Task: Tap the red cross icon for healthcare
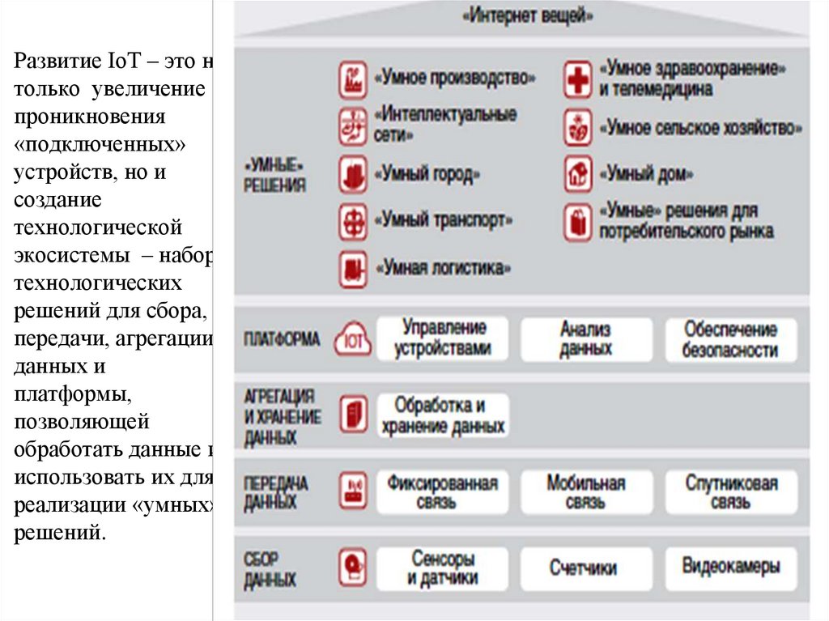pos(578,79)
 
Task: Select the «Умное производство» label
pos(455,79)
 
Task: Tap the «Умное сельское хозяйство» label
pos(701,128)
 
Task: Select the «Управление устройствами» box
pos(442,338)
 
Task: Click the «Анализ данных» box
pos(585,339)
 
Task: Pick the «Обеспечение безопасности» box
pos(730,339)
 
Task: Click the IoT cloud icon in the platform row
pos(353,339)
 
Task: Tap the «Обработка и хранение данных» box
pos(442,415)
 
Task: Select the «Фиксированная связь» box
pos(442,492)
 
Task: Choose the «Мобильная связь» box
pos(585,492)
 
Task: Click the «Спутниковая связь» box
pos(730,492)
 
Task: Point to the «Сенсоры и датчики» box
pos(442,568)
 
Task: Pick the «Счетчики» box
pos(585,568)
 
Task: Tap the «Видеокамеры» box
pos(730,567)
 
